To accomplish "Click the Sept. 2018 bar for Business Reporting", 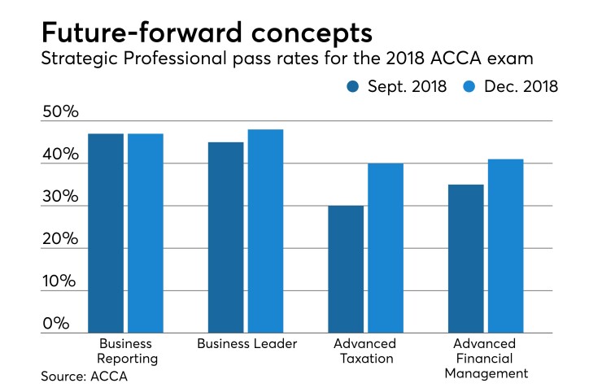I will coord(106,233).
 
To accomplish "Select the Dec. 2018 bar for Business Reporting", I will coord(146,233).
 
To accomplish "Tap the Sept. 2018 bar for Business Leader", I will coord(225,237).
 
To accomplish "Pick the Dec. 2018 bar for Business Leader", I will coord(265,231).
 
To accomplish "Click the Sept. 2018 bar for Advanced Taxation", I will coord(346,269).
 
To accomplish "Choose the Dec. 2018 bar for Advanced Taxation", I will coord(386,248).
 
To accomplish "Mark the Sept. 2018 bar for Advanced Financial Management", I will coord(465,259).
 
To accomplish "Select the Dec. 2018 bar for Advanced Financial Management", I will coord(505,246).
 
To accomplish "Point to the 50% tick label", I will coord(61,112).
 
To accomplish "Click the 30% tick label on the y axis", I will coord(61,198).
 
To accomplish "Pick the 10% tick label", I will coord(61,282).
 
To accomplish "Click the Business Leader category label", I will coord(246,344).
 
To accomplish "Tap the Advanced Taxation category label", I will coord(365,351).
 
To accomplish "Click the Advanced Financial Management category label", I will coord(486,358).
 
